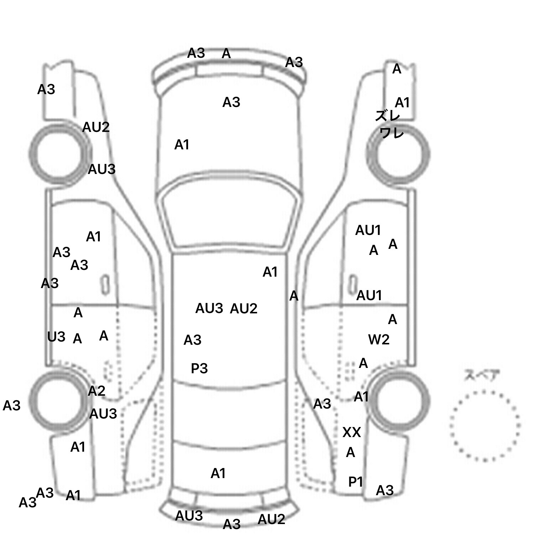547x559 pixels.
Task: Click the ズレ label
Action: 387,116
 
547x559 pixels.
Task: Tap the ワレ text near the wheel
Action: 391,133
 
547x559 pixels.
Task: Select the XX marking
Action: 351,432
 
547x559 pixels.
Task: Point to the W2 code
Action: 379,339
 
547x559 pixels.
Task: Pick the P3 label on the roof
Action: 199,368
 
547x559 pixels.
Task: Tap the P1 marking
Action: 355,482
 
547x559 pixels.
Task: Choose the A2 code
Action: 97,391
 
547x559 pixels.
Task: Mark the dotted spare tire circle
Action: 485,425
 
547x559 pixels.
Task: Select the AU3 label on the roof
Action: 209,308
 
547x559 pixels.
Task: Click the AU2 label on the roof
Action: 244,308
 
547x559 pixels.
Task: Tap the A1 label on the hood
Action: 182,145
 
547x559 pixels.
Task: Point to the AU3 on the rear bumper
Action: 189,516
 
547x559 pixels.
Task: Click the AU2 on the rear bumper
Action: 271,519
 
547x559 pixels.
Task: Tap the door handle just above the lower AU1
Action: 353,284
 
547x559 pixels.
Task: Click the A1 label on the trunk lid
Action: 218,473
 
